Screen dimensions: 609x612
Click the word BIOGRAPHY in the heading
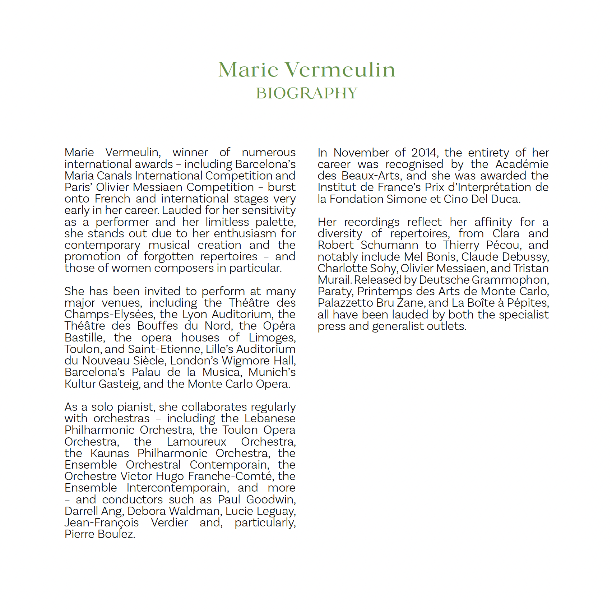pyautogui.click(x=306, y=93)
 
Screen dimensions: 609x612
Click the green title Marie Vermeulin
pyautogui.click(x=306, y=69)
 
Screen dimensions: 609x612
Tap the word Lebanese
pyautogui.click(x=270, y=418)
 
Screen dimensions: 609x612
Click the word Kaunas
pyautogui.click(x=110, y=453)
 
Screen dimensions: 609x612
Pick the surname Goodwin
pyautogui.click(x=271, y=499)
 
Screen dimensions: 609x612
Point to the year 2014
pyautogui.click(x=424, y=153)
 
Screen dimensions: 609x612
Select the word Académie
pyautogui.click(x=522, y=164)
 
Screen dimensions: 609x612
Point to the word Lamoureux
pyautogui.click(x=196, y=442)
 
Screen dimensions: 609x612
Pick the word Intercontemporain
pyautogui.click(x=177, y=488)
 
